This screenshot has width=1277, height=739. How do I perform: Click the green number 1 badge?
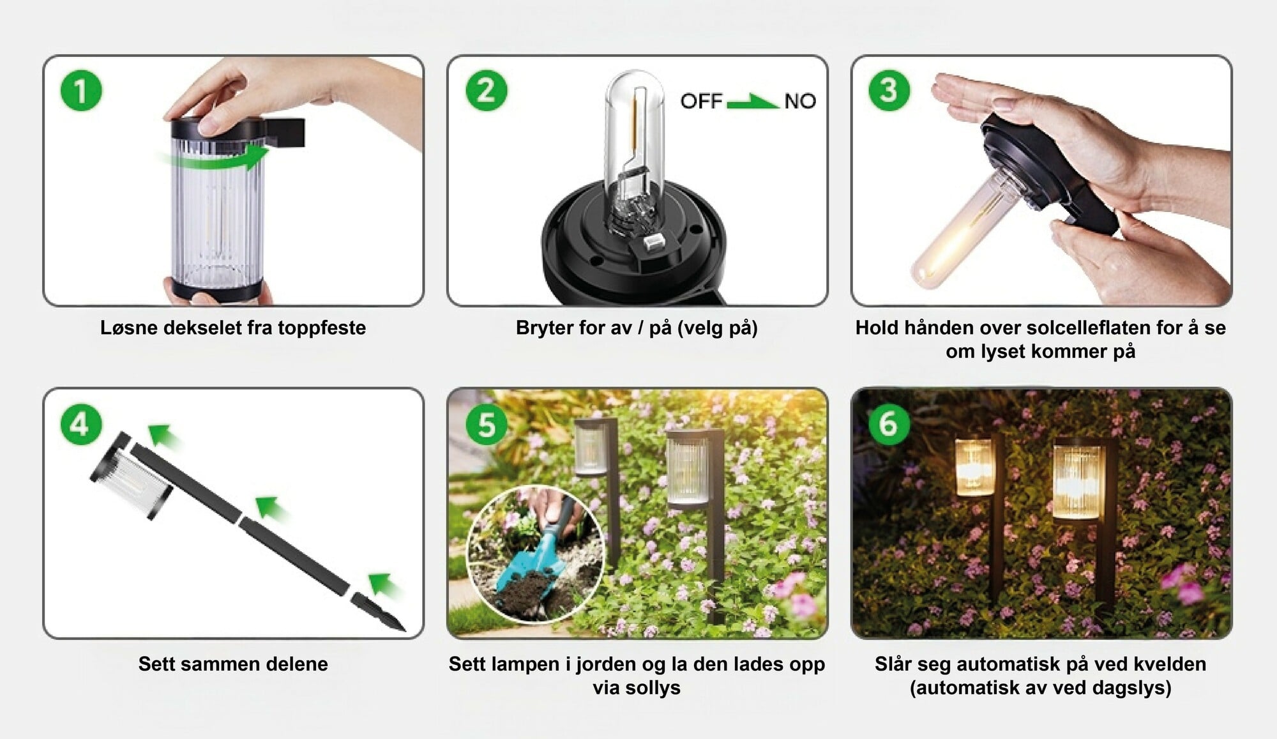click(x=81, y=90)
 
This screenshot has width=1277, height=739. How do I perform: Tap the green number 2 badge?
click(x=486, y=90)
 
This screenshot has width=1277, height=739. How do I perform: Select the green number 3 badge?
click(x=889, y=90)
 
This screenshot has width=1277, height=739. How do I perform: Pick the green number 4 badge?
click(x=81, y=424)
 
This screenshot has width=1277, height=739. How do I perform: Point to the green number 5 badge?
click(x=486, y=424)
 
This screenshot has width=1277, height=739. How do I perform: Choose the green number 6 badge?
click(x=889, y=424)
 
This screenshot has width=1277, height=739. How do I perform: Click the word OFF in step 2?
click(x=701, y=101)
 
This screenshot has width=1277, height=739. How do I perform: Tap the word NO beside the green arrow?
click(x=800, y=101)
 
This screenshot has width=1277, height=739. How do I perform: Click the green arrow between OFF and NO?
click(x=753, y=102)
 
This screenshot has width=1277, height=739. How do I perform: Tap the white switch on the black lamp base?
click(x=654, y=242)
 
